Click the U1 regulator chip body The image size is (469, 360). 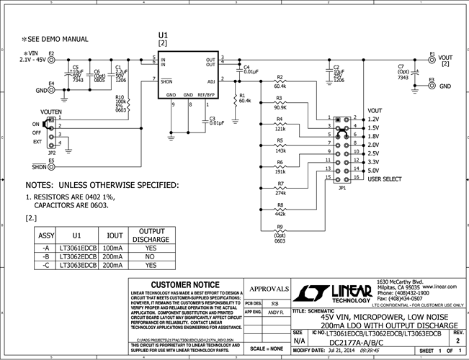[187, 76]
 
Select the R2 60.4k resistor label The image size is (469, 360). [280, 81]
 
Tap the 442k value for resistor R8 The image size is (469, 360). [280, 214]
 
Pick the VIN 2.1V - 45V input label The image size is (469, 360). [32, 57]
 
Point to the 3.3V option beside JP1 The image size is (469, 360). [373, 161]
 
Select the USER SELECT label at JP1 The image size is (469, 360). [384, 179]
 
